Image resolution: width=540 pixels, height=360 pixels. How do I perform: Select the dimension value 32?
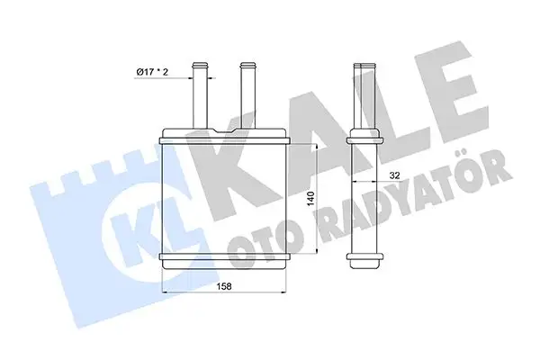(x=394, y=176)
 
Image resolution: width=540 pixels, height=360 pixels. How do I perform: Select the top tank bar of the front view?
(x=223, y=138)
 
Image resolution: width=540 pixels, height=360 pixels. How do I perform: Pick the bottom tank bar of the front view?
(x=223, y=260)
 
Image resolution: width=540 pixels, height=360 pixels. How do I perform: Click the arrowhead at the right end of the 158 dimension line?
(x=283, y=294)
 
